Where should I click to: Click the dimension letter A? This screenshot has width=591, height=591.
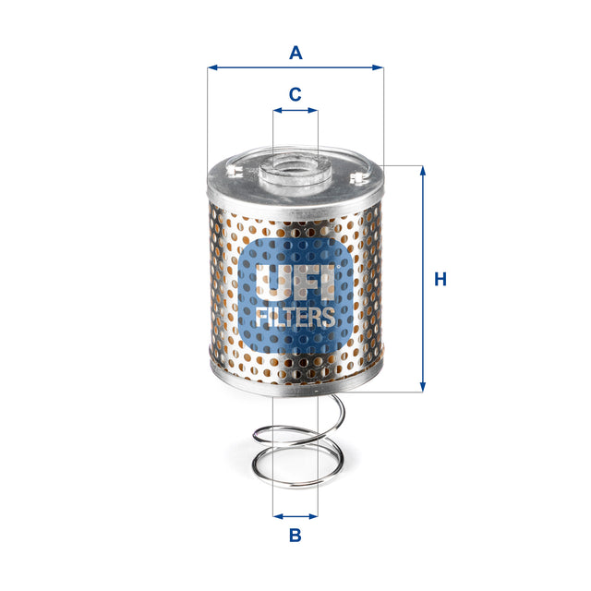click(295, 53)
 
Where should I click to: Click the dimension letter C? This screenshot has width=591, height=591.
click(295, 94)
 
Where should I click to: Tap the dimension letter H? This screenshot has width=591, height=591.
click(440, 279)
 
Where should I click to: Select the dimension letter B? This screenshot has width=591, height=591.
click(295, 535)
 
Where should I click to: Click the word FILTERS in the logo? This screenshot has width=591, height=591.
click(295, 318)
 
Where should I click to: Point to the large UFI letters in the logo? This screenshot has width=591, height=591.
click(295, 282)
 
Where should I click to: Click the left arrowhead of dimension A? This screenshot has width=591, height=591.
click(211, 67)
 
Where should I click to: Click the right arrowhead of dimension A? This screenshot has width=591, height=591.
click(379, 67)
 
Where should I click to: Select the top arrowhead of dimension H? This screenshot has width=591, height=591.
click(423, 171)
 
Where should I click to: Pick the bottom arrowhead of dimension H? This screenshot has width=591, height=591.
click(423, 388)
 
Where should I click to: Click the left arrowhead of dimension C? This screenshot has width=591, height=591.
click(276, 110)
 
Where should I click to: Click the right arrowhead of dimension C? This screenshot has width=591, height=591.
click(314, 110)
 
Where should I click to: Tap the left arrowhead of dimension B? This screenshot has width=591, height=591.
click(276, 516)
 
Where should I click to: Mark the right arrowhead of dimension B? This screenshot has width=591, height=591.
click(314, 516)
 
